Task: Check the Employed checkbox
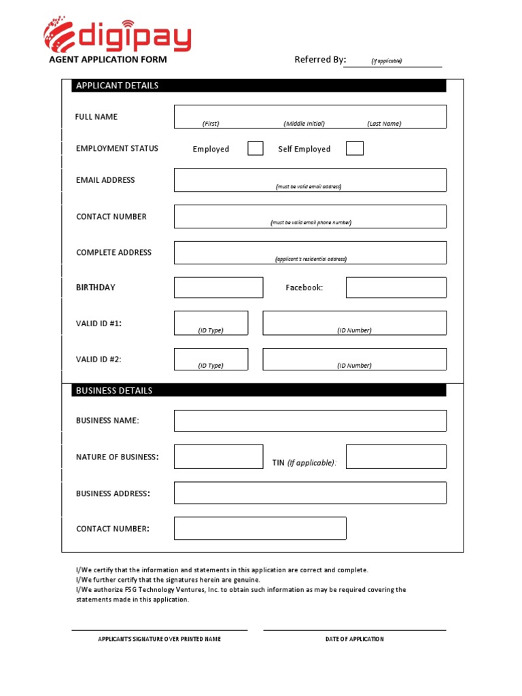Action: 256,148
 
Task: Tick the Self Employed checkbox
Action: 354,148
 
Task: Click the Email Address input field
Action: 310,179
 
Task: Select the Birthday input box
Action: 218,288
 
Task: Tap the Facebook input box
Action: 396,288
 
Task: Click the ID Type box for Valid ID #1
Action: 211,323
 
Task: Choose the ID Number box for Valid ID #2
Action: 354,359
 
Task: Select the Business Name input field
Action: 310,421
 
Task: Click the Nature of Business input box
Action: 218,457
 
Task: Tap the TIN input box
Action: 396,457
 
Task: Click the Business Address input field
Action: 310,493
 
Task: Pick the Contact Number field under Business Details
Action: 260,528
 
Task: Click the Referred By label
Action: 320,60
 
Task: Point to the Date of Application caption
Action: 354,639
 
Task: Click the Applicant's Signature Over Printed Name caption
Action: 159,639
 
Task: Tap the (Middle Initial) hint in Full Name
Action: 304,124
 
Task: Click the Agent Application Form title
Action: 107,60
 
